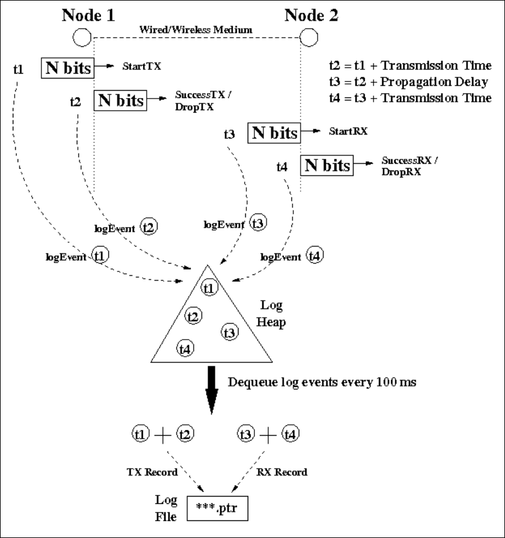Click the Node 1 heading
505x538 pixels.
click(x=89, y=15)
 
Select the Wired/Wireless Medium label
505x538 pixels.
click(x=197, y=29)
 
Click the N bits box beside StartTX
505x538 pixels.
click(x=67, y=68)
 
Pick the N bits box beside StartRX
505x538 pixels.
click(x=273, y=132)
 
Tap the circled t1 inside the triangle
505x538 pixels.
click(x=209, y=287)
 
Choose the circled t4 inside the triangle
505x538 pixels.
click(x=186, y=348)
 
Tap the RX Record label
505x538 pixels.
click(x=287, y=472)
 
